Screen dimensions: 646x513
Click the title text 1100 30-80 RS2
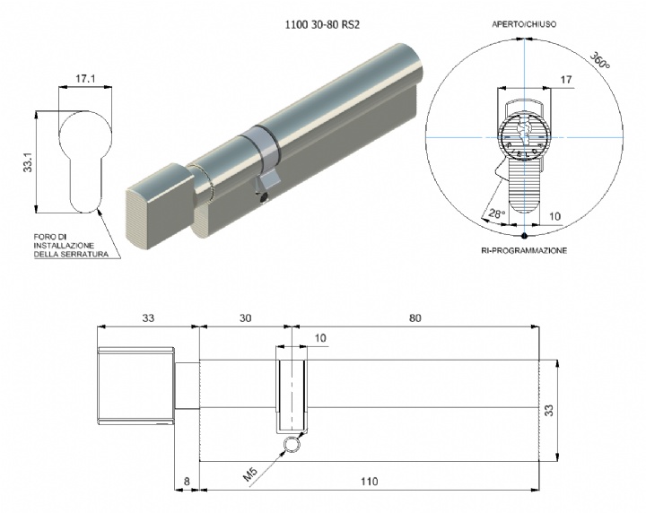[x=322, y=25]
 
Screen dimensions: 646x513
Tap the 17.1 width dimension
[x=85, y=79]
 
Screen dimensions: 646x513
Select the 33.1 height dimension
[x=28, y=161]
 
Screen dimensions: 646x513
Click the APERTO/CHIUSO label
[x=524, y=24]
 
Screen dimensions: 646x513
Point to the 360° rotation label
[x=600, y=60]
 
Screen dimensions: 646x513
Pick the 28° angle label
[x=496, y=213]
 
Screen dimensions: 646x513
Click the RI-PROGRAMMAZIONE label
[x=524, y=250]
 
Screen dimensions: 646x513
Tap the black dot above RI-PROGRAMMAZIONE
[x=524, y=236]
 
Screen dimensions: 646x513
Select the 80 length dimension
[x=415, y=317]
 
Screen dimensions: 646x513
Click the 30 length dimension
[x=245, y=317]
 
